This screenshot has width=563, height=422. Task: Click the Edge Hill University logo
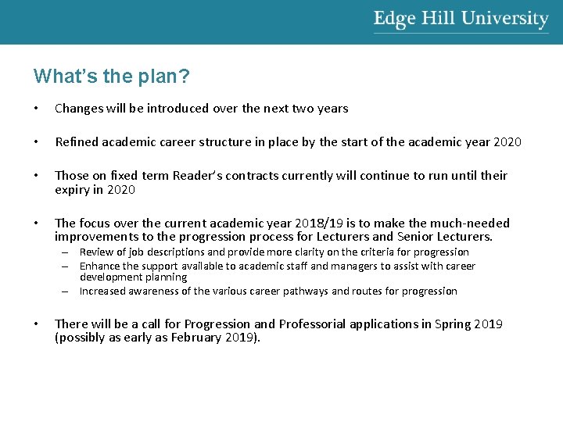(461, 20)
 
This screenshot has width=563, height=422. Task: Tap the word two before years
(302, 109)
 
